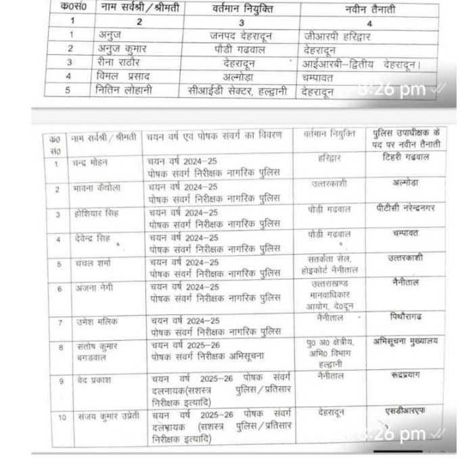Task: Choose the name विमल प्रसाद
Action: point(122,76)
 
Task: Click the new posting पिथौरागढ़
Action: point(406,316)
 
